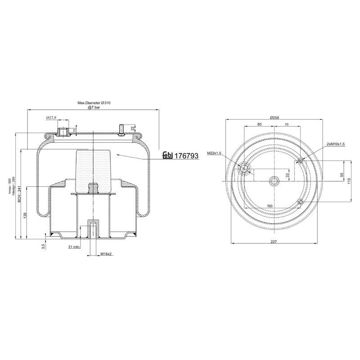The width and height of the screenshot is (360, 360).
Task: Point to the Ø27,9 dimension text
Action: pos(51,117)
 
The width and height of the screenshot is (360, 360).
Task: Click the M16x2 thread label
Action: pos(105,254)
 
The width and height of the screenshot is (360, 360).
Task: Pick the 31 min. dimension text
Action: pos(74,247)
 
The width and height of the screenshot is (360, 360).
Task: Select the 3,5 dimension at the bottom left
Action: pos(42,246)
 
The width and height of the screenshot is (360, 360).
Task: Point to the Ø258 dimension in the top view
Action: pos(274,118)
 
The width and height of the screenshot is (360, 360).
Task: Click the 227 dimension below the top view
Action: pos(274,242)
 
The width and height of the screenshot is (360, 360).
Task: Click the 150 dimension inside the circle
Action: pos(270,206)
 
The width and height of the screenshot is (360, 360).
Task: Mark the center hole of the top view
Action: pos(274,181)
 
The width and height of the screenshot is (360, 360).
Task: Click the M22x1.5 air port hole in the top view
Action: pos(244,169)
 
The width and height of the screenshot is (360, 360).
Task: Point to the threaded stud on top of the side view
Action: pos(121,129)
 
